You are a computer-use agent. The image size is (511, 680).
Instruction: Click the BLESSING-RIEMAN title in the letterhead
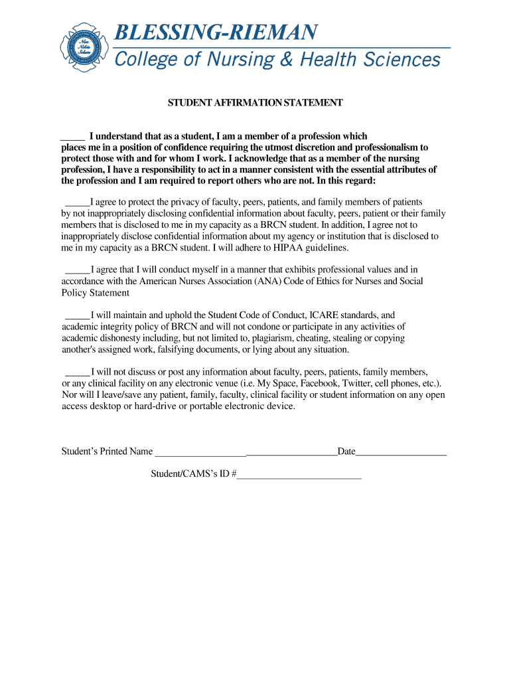coord(216,32)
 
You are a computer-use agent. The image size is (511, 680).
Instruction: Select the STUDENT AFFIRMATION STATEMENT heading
coord(255,103)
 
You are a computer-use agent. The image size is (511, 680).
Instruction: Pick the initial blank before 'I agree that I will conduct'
coord(77,270)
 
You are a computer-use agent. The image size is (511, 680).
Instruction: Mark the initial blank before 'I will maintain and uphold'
coord(77,315)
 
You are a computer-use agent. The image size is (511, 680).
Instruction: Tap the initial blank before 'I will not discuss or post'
coord(77,373)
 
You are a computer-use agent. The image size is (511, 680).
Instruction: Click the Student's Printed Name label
coord(107,452)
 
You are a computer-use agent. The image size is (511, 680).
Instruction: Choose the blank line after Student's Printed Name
coord(246,453)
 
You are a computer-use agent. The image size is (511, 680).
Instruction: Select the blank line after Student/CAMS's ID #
coord(299,475)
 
